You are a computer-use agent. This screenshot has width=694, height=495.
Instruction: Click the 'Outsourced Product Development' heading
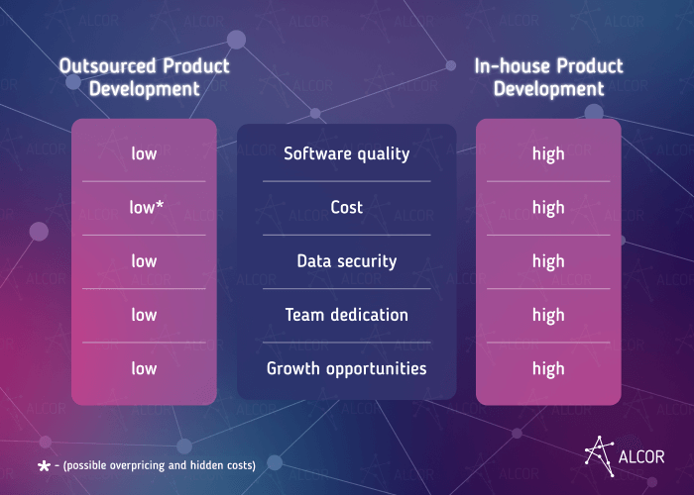point(144,77)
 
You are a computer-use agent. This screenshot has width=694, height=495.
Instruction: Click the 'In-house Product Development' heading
point(548,77)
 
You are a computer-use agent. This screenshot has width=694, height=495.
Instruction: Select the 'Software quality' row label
point(346,153)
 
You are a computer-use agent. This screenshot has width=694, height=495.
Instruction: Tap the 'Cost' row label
point(346,207)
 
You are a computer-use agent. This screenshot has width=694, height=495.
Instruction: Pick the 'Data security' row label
point(346,261)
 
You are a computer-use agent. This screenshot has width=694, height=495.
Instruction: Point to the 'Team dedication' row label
point(346,315)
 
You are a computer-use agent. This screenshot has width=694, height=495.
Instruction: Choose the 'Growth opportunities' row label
point(346,368)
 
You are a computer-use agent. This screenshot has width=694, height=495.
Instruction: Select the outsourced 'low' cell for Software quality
point(144,153)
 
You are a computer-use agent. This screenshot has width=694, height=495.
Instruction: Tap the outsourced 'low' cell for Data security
point(144,261)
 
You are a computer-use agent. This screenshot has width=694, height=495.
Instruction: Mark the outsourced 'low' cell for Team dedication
point(144,315)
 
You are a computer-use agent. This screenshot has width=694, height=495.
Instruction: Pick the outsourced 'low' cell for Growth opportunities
point(144,368)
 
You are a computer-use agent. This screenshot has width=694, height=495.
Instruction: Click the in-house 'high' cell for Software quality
point(548,153)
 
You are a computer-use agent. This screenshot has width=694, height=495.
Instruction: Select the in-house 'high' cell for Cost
point(548,207)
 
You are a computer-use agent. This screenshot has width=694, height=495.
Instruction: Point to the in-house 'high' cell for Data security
point(548,261)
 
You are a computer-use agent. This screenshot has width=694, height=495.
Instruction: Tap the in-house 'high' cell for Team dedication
point(548,315)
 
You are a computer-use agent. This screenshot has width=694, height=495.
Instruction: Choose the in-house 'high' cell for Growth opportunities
point(548,368)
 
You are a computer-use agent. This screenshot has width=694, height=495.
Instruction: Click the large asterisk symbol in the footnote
point(44,464)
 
